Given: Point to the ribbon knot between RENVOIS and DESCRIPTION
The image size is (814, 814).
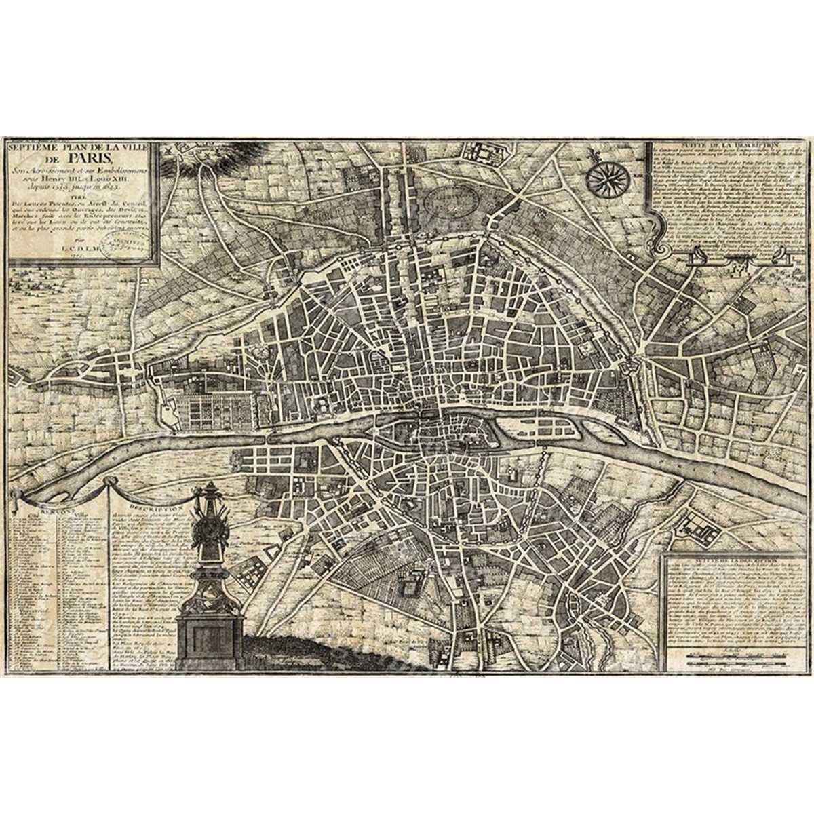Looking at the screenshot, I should click(106, 486).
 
